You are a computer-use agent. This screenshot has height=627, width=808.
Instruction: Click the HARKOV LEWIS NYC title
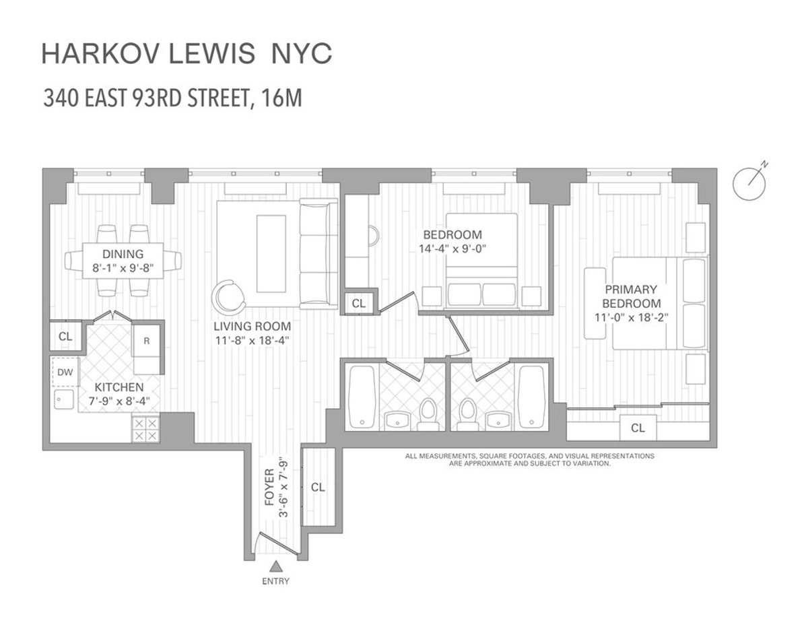pyautogui.click(x=187, y=55)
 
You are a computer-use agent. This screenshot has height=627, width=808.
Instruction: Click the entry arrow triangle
pyautogui.click(x=275, y=566)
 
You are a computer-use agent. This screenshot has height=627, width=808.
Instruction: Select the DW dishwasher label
pyautogui.click(x=65, y=372)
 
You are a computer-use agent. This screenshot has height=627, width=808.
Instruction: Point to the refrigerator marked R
pyautogui.click(x=147, y=341)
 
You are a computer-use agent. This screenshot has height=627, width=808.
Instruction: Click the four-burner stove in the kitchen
pyautogui.click(x=146, y=429)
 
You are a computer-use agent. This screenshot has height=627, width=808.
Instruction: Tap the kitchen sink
pyautogui.click(x=64, y=399)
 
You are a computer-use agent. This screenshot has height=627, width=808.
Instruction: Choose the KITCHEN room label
pyautogui.click(x=119, y=387)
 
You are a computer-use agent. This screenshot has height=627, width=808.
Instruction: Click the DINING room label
pyautogui.click(x=123, y=254)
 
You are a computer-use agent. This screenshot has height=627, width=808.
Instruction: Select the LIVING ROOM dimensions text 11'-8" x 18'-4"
pyautogui.click(x=252, y=341)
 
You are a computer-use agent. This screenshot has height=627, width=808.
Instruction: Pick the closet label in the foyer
pyautogui.click(x=318, y=487)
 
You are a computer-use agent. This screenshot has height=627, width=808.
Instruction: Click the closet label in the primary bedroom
pyautogui.click(x=638, y=428)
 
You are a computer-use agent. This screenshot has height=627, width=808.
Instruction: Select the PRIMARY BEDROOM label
pyautogui.click(x=631, y=296)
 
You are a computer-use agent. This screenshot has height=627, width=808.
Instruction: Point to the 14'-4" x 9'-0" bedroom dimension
pyautogui.click(x=452, y=248)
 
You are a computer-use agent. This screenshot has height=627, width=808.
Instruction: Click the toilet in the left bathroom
pyautogui.click(x=426, y=414)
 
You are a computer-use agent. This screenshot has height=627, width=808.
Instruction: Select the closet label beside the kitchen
pyautogui.click(x=65, y=336)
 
